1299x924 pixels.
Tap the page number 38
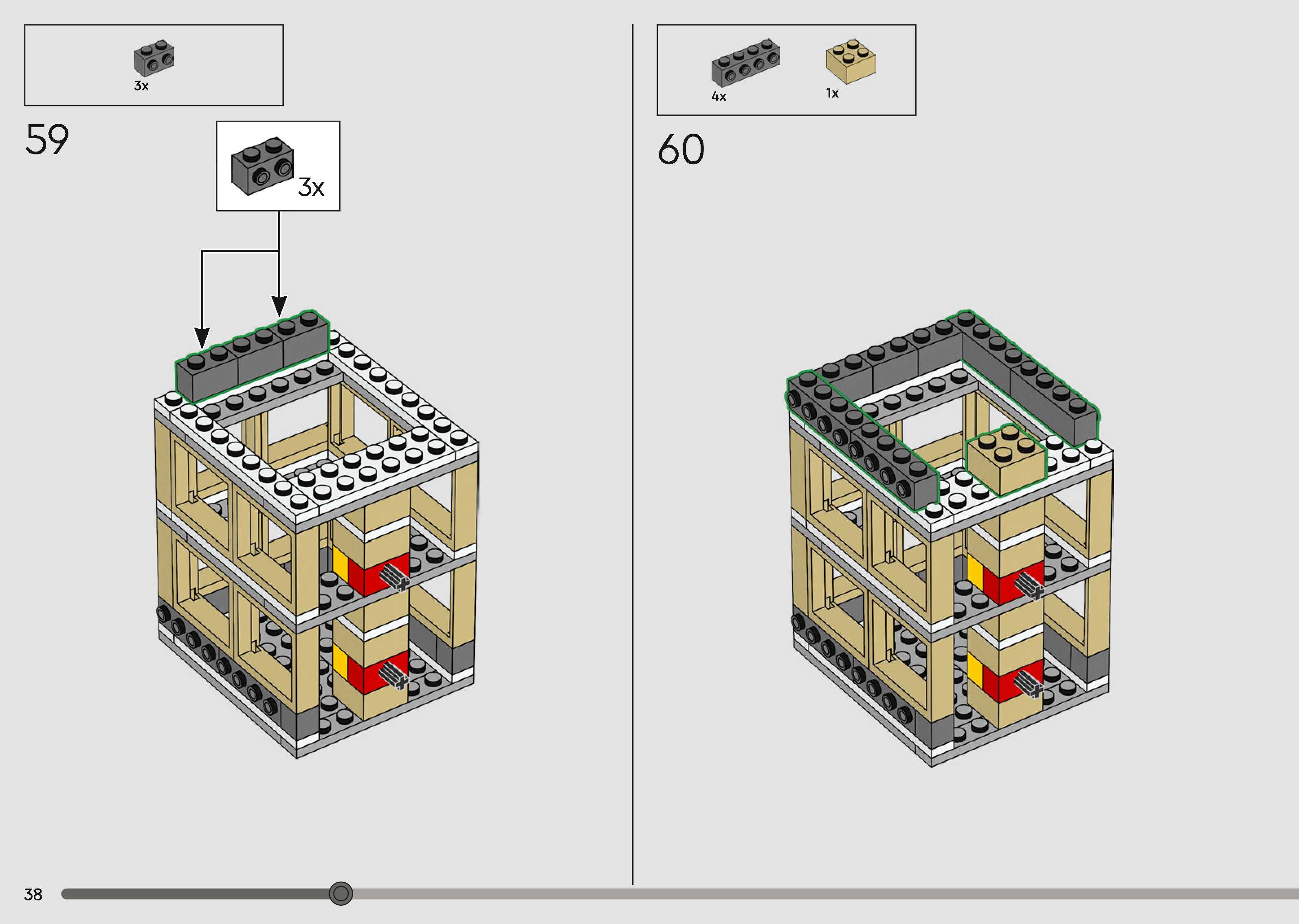click(33, 894)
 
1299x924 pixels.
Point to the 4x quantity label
click(719, 97)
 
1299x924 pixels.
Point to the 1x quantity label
click(832, 93)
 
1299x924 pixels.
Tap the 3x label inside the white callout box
click(311, 187)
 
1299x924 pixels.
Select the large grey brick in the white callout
click(262, 165)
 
